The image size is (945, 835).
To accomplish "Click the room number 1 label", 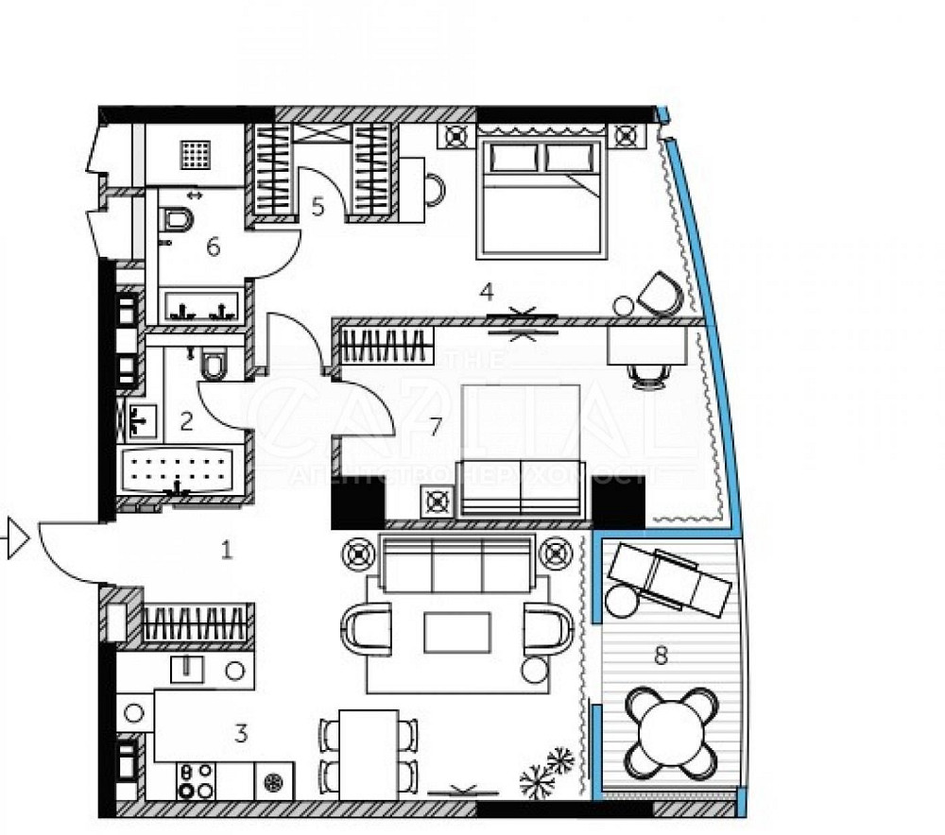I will pyautogui.click(x=226, y=549).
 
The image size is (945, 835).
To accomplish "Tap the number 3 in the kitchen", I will pyautogui.click(x=241, y=733).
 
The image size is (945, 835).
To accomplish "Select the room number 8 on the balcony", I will pyautogui.click(x=661, y=656).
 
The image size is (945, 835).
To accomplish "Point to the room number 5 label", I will pyautogui.click(x=318, y=206).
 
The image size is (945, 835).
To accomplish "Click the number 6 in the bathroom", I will pyautogui.click(x=214, y=247).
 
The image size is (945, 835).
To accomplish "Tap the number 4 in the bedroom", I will pyautogui.click(x=487, y=292).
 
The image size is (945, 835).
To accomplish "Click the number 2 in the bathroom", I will pyautogui.click(x=186, y=420).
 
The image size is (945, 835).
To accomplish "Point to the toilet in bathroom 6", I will pyautogui.click(x=177, y=220).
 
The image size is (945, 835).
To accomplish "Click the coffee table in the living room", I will pyautogui.click(x=457, y=632).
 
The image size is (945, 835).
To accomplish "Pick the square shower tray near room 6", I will pyautogui.click(x=198, y=152).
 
